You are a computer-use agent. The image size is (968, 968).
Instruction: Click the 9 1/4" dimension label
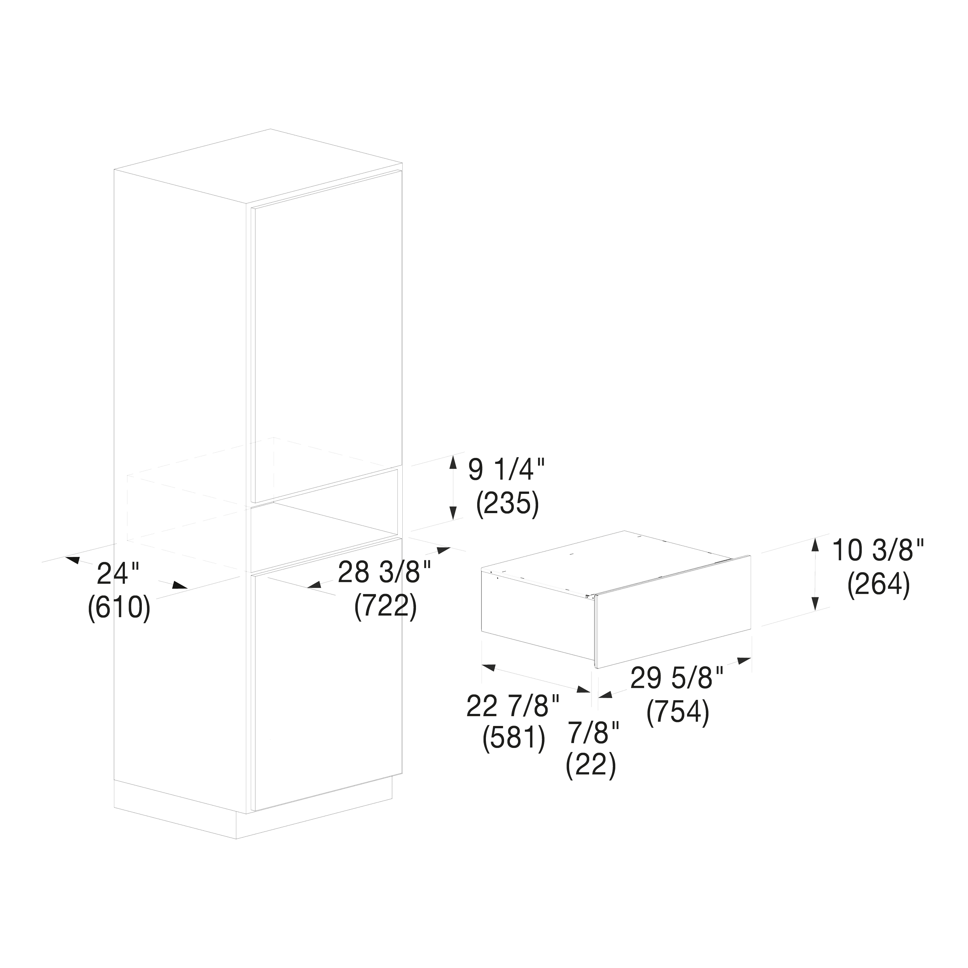pyautogui.click(x=506, y=470)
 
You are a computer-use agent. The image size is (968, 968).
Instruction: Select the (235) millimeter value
pyautogui.click(x=507, y=504)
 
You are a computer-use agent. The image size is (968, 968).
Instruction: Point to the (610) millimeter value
pyautogui.click(x=119, y=608)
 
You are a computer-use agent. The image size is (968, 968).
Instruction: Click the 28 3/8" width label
pyautogui.click(x=384, y=572)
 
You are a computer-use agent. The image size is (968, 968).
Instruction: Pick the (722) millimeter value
pyautogui.click(x=385, y=607)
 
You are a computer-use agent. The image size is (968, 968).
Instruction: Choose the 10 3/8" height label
pyautogui.click(x=878, y=550)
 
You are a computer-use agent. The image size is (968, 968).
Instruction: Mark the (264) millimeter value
pyautogui.click(x=878, y=585)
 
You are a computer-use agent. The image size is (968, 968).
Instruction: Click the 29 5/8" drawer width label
pyautogui.click(x=677, y=678)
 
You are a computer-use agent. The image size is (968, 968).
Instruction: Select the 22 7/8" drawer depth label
pyautogui.click(x=513, y=706)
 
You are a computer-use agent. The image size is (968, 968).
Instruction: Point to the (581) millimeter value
pyautogui.click(x=513, y=738)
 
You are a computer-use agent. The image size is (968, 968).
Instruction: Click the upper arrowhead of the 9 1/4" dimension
pyautogui.click(x=453, y=461)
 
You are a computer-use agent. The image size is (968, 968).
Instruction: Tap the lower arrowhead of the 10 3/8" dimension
pyautogui.click(x=815, y=603)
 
